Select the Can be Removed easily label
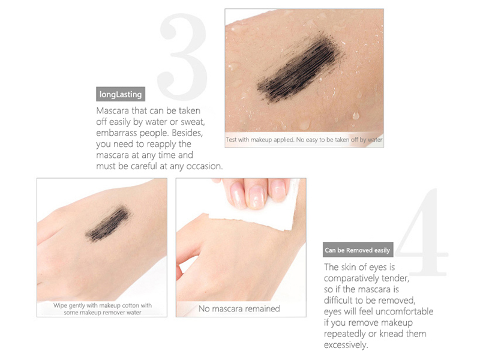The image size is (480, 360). click(357, 250)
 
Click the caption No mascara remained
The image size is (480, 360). click(239, 308)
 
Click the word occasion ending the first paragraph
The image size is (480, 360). click(201, 166)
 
